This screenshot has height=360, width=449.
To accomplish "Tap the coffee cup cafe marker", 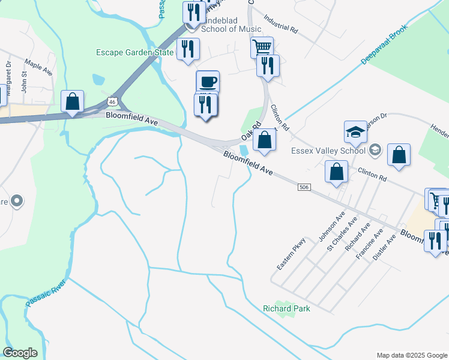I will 208,82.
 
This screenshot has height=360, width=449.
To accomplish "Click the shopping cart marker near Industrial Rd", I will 262,47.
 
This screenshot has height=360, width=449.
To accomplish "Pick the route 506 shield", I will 304,188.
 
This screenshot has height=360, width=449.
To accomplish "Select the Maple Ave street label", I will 38,67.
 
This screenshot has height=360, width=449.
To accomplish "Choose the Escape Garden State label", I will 135,52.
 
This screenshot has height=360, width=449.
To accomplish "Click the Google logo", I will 20,353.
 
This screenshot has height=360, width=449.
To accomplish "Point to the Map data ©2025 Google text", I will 411,355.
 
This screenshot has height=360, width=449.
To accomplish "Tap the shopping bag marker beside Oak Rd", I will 264,141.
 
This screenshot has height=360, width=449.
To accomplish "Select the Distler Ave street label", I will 384,246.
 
